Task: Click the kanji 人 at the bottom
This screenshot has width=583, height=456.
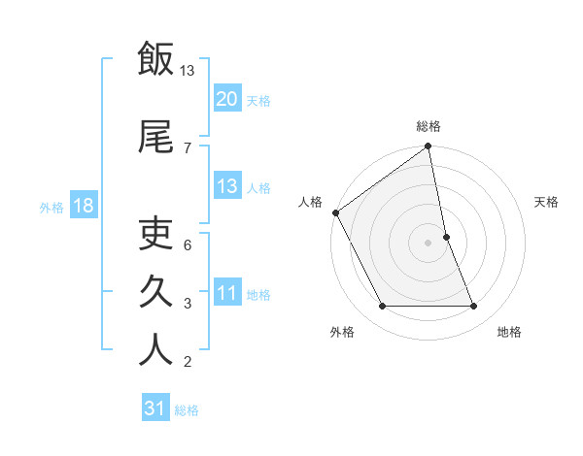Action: pos(155,348)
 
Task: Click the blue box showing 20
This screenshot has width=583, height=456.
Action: pos(226,99)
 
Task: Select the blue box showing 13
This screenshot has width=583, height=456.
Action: pos(226,186)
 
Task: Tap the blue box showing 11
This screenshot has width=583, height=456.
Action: pos(226,293)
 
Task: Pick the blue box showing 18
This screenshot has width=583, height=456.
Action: pos(83,206)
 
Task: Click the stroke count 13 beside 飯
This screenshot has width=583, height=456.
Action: pos(188,70)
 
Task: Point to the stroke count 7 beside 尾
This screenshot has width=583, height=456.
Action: pos(188,147)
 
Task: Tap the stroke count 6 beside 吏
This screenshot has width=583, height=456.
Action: pos(188,244)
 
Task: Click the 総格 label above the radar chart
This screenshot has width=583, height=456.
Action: pos(429,126)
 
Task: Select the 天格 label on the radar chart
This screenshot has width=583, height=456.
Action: pos(546,202)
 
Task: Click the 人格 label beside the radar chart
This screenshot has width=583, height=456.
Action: pos(310,202)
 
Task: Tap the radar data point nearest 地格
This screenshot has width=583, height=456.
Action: pos(474,307)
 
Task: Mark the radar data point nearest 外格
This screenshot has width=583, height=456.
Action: pos(382,307)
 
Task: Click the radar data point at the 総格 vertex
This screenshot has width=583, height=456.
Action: pos(429,147)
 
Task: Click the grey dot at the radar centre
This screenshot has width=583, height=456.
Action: pos(429,242)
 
